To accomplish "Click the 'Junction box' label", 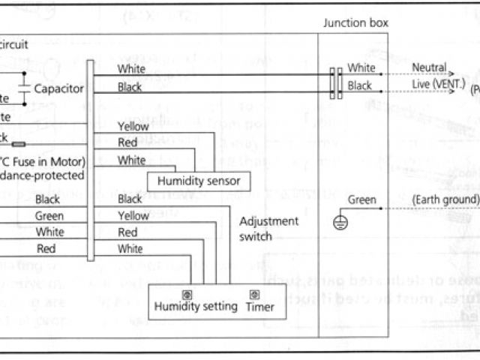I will [355, 22].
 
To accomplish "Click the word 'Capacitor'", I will [58, 88].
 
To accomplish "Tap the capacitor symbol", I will [25, 88].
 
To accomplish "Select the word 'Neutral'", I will [428, 68].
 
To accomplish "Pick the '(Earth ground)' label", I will [445, 199].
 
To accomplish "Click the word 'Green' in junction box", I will [362, 199].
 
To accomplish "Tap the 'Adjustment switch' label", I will [268, 228].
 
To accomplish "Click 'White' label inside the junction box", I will [361, 68].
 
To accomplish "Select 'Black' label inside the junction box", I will [360, 85].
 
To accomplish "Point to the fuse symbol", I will [19, 144].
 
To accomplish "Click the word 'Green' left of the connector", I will [49, 215].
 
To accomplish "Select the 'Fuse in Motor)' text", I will [44, 161].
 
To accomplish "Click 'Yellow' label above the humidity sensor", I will [133, 127].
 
